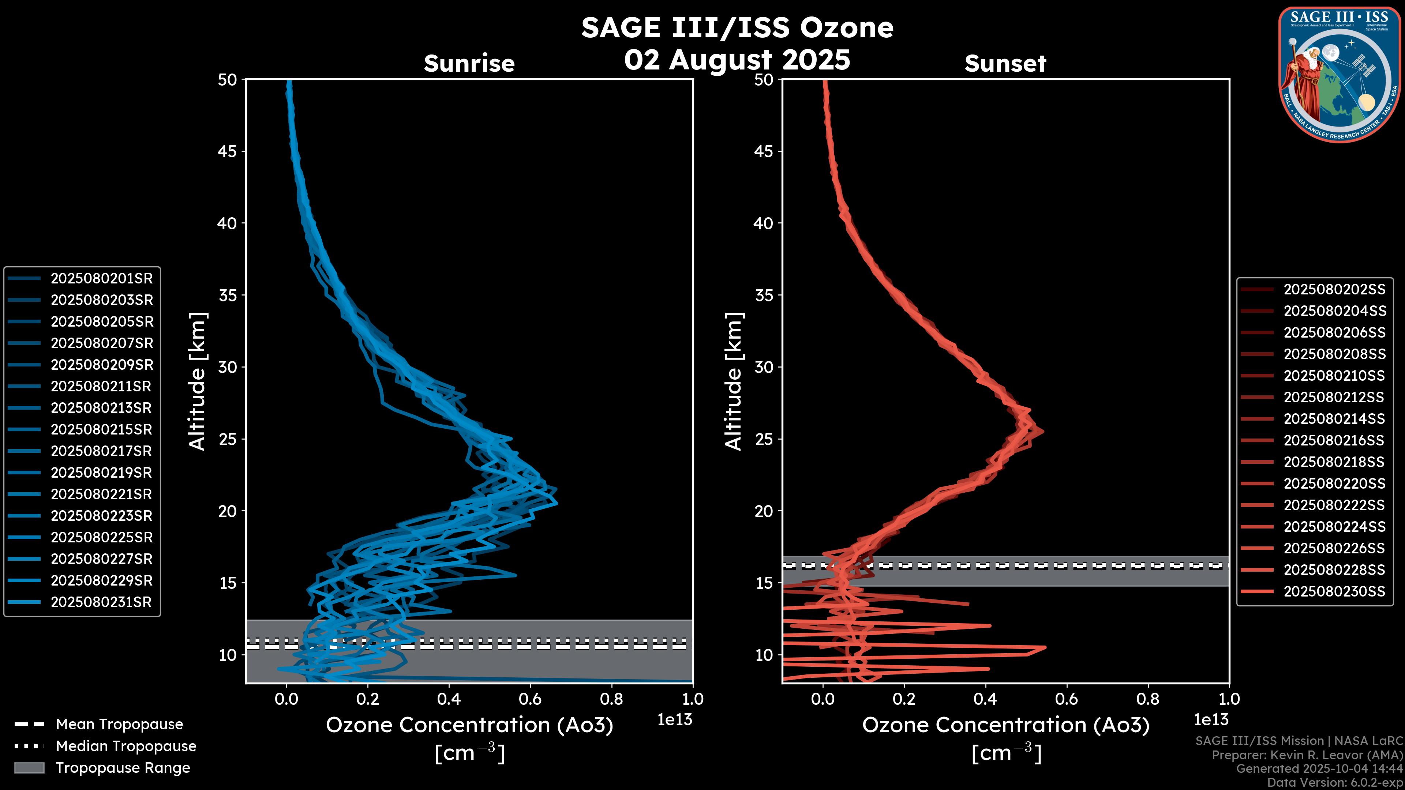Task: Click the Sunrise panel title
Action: pyautogui.click(x=469, y=64)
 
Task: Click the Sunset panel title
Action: pyautogui.click(x=1005, y=64)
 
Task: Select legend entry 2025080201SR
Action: pyautogui.click(x=101, y=279)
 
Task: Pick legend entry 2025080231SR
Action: pyautogui.click(x=101, y=602)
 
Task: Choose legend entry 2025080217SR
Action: pyautogui.click(x=101, y=451)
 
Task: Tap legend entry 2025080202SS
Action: pyautogui.click(x=1334, y=290)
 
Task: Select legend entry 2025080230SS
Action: pyautogui.click(x=1334, y=591)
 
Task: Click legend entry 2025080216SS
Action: pyautogui.click(x=1334, y=440)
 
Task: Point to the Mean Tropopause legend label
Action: pyautogui.click(x=119, y=725)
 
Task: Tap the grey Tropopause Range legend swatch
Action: pyautogui.click(x=29, y=768)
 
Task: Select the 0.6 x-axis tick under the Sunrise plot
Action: pyautogui.click(x=530, y=699)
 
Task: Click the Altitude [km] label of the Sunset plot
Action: pyautogui.click(x=734, y=381)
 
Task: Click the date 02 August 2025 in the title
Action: pyautogui.click(x=737, y=60)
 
